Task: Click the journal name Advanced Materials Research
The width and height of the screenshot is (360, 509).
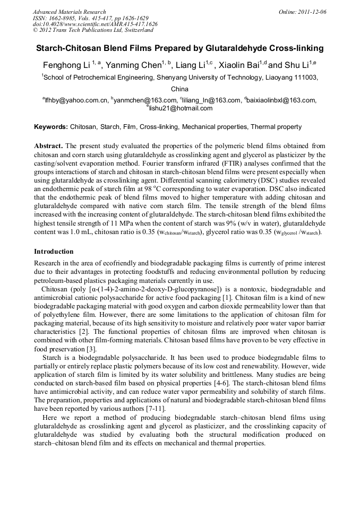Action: click(x=69, y=12)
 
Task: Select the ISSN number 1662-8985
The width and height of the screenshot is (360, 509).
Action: click(x=63, y=18)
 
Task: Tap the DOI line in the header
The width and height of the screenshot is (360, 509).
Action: click(x=95, y=24)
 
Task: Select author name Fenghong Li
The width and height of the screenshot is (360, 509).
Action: click(x=66, y=65)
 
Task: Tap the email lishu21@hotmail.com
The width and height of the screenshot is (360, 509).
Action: click(x=181, y=108)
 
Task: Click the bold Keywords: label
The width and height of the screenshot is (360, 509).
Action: click(x=51, y=127)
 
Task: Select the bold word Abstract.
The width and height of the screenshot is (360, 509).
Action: click(x=48, y=145)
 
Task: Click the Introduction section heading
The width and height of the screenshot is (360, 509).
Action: click(x=54, y=251)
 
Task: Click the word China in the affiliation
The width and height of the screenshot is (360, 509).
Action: click(x=180, y=89)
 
